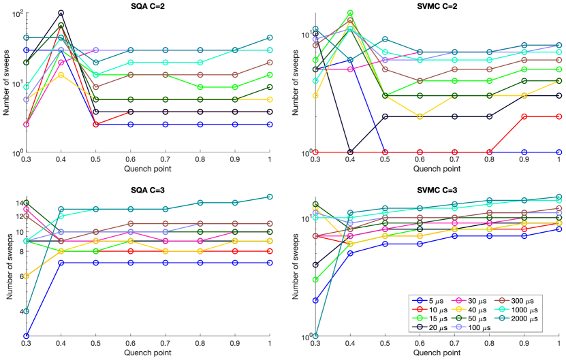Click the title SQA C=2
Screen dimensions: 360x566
[148, 5]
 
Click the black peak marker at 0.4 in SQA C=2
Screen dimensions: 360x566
[61, 13]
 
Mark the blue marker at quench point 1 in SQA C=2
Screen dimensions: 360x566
[270, 125]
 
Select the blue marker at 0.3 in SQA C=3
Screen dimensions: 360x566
[26, 336]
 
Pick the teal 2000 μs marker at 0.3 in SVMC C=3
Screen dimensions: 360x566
[315, 336]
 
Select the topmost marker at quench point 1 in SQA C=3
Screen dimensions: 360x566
[270, 197]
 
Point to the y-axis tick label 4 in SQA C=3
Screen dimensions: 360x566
[18, 312]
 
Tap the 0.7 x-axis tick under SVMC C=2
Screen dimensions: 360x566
[454, 160]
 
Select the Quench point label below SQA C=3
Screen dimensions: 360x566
[148, 353]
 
